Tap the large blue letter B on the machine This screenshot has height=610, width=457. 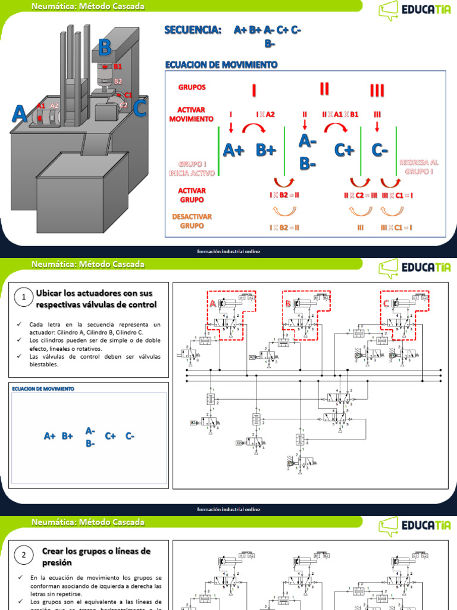coord(105,46)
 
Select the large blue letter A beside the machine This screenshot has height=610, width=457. coord(20,113)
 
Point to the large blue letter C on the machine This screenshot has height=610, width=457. coord(139,108)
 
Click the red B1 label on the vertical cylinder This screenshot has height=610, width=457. coord(118,67)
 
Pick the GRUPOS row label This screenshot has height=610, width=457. coord(192,87)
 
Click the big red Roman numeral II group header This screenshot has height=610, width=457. coord(324,89)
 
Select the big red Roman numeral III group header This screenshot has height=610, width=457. coord(377,90)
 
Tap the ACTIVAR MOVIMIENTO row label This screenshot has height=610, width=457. coord(191,114)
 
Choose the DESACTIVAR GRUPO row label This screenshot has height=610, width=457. coord(192,221)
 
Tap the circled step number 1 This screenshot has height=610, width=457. coord(23,297)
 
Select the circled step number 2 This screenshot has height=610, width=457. coord(23,556)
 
